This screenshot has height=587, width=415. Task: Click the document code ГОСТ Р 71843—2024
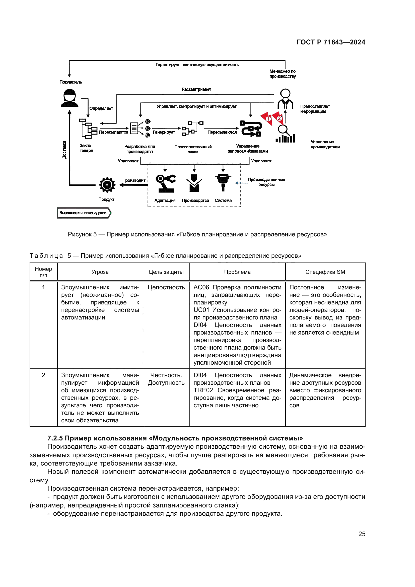(x=331, y=42)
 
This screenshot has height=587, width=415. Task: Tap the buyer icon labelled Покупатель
(x=70, y=98)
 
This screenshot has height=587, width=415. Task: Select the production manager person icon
(x=285, y=99)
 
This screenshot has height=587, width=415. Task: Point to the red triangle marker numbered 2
(x=279, y=118)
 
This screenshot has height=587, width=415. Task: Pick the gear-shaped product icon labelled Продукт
(x=107, y=185)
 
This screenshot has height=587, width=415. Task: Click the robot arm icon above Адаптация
(x=165, y=183)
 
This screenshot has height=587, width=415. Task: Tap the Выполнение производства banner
(x=84, y=213)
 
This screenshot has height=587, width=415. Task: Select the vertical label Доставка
(x=64, y=150)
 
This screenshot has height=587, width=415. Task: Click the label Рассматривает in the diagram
(x=196, y=89)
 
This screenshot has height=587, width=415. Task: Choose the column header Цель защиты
(x=166, y=272)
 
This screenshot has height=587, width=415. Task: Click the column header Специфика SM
(x=325, y=272)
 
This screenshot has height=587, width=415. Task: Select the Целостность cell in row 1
(x=166, y=287)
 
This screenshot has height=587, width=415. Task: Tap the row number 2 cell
(x=43, y=375)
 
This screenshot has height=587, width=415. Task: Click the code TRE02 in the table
(x=203, y=390)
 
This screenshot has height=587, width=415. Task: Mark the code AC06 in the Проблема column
(x=201, y=287)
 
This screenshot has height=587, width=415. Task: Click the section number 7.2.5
(x=55, y=438)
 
